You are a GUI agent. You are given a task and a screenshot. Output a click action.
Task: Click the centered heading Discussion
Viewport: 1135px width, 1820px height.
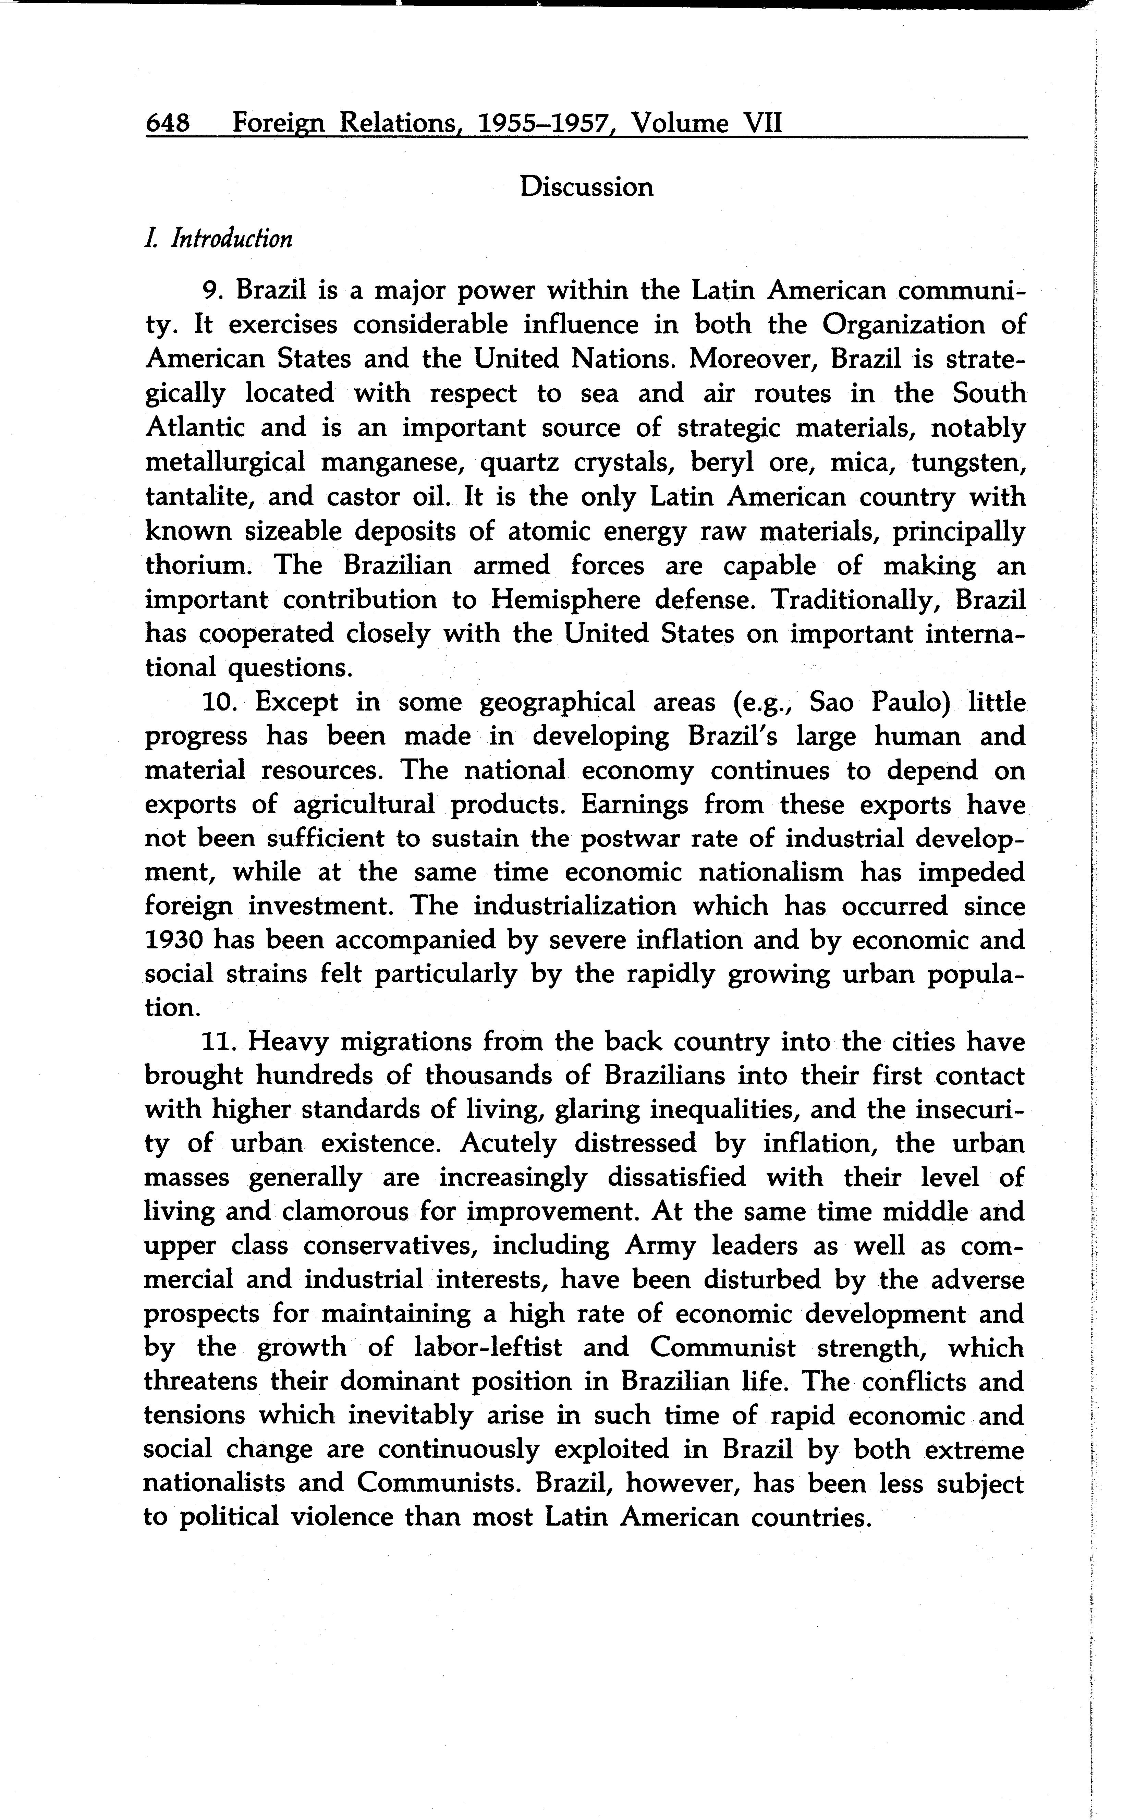coord(586,187)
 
